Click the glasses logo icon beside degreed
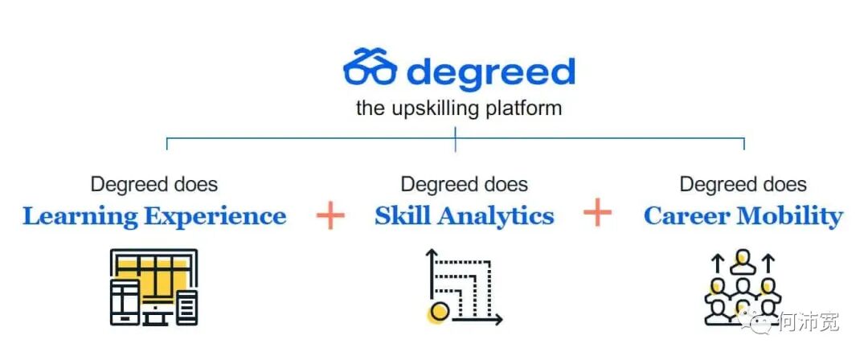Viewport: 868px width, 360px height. tap(370, 67)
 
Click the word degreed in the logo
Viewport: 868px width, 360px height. tap(491, 72)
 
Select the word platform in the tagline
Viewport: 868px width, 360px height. tap(524, 108)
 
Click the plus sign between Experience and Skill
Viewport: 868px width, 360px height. tap(330, 215)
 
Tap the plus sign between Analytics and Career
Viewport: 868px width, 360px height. tap(597, 214)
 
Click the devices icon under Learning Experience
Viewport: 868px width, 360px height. tap(154, 287)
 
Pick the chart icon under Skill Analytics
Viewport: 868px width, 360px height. tap(463, 288)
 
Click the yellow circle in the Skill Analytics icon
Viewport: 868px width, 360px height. tap(439, 312)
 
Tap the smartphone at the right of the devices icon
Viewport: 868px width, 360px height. tap(187, 308)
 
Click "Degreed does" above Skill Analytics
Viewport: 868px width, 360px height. tap(464, 184)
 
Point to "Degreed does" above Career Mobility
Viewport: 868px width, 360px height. tap(743, 184)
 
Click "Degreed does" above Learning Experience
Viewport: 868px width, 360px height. tap(154, 184)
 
